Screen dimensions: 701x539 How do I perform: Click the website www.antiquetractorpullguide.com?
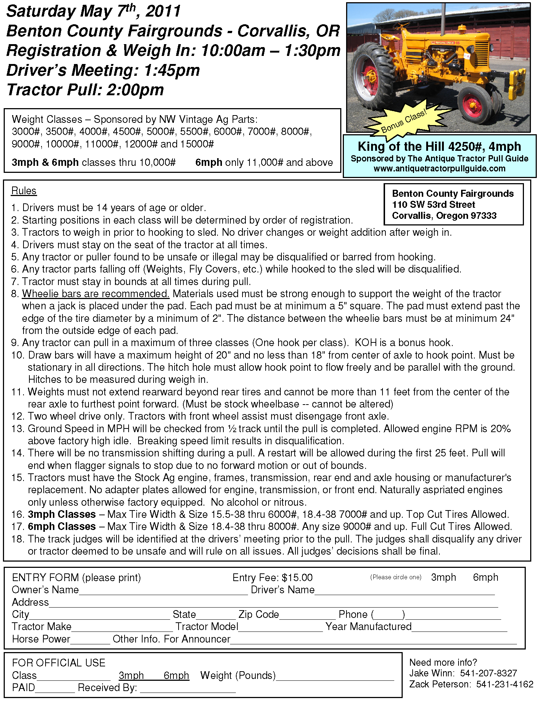pos(439,169)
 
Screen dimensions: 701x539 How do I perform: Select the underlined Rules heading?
pos(24,191)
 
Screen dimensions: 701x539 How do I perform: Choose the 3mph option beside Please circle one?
pos(443,577)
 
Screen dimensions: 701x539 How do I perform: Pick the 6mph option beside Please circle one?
pos(485,577)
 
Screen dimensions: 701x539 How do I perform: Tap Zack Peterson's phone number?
pos(504,684)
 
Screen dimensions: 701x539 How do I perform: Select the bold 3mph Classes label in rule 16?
pos(62,514)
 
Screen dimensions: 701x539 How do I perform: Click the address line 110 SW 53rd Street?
pos(433,204)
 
